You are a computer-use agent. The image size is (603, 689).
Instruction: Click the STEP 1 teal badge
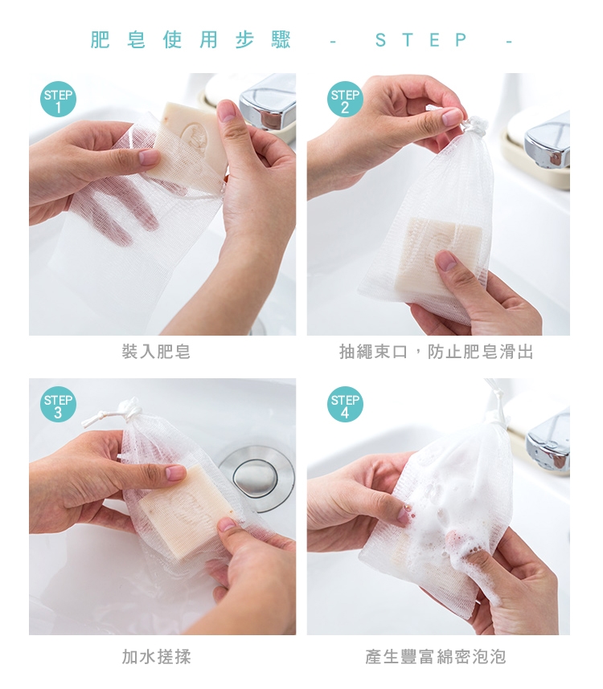[x=58, y=100]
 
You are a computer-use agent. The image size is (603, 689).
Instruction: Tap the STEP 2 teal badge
[x=345, y=100]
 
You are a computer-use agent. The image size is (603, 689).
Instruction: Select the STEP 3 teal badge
[x=58, y=404]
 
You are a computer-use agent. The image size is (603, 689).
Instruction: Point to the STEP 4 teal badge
[x=345, y=404]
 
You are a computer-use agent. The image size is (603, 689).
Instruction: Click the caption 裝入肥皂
[x=156, y=352]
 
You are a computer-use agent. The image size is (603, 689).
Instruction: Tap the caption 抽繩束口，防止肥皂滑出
[x=437, y=352]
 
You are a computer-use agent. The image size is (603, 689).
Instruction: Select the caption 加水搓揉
[x=156, y=657]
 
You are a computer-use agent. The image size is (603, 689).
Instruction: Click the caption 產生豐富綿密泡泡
[x=436, y=657]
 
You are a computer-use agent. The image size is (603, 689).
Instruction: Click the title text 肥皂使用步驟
[x=191, y=40]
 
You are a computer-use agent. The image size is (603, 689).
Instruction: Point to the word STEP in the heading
[x=421, y=40]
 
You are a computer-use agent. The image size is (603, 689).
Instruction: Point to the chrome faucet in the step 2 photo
[x=548, y=141]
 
